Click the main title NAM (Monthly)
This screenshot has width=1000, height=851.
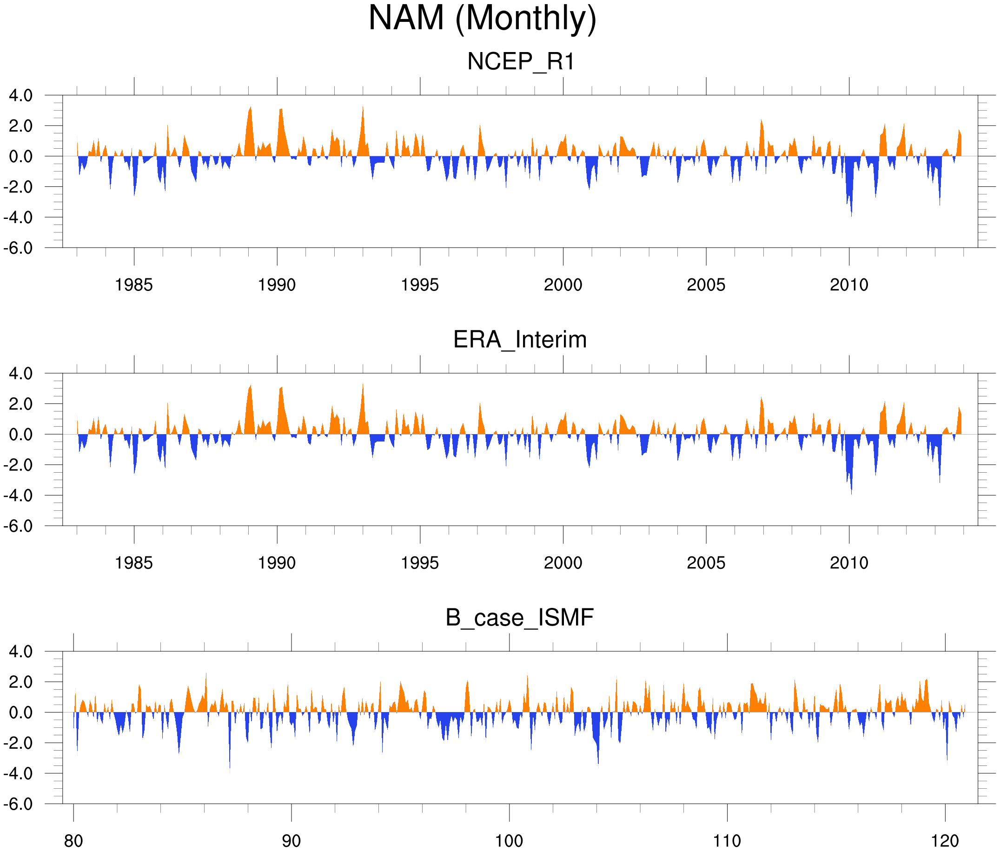(x=482, y=18)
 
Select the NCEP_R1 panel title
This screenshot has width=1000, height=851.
(x=521, y=62)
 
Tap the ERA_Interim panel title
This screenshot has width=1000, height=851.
(x=520, y=340)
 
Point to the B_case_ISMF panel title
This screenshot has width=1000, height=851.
(x=519, y=618)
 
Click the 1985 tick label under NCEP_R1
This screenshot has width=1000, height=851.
(x=134, y=285)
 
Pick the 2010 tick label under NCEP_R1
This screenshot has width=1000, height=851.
(x=849, y=285)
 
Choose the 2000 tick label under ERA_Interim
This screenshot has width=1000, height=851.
(x=563, y=563)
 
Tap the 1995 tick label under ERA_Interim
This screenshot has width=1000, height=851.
(x=419, y=563)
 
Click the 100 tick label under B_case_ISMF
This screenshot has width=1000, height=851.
(x=509, y=841)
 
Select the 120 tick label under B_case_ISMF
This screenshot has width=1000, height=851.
(x=945, y=841)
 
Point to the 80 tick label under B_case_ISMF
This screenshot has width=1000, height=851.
(x=73, y=841)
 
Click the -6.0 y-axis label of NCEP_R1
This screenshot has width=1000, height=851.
(x=18, y=248)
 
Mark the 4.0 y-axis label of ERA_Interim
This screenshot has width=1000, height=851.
(x=21, y=373)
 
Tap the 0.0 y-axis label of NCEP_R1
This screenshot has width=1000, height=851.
(x=21, y=157)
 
